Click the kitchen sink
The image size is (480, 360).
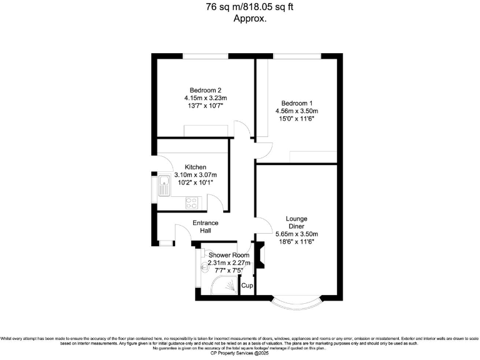click(x=164, y=186)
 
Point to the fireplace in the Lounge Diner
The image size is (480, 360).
click(x=261, y=253)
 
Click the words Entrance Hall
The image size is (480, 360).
click(x=205, y=227)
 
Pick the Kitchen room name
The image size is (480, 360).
click(x=196, y=167)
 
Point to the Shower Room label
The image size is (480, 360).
click(x=229, y=255)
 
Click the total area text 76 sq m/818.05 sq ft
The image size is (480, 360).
click(x=240, y=7)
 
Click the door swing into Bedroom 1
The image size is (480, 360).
click(x=264, y=149)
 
